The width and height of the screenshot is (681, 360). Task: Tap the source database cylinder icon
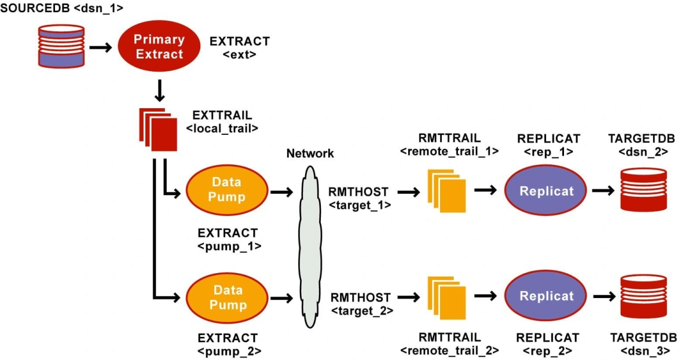60,45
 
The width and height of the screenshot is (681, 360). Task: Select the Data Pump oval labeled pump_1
226,190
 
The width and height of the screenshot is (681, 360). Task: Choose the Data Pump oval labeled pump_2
226,297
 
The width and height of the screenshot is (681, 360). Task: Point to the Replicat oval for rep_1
546,191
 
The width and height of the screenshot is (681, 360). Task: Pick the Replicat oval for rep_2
546,296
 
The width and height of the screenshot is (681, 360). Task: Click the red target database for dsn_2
643,190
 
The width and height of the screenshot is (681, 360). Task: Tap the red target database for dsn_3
643,296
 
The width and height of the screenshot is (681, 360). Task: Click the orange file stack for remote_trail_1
447,190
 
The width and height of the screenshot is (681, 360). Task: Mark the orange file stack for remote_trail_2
447,297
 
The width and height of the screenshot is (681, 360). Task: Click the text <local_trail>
222,128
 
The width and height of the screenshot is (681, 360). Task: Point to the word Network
310,153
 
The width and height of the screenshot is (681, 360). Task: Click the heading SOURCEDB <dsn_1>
62,9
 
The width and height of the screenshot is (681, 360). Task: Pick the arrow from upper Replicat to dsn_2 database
603,190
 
